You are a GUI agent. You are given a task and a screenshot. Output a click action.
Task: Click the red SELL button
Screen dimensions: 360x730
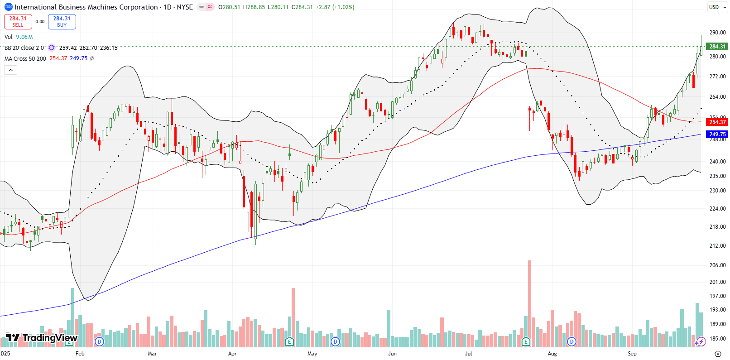click(18, 22)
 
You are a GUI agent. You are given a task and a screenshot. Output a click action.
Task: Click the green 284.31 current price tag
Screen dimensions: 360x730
click(717, 47)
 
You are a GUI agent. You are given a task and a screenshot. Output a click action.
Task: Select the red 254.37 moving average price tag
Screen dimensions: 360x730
click(717, 122)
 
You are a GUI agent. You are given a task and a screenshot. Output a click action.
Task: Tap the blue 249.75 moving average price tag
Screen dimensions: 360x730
click(717, 134)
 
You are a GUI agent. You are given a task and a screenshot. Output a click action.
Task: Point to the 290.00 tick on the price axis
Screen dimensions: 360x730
click(717, 33)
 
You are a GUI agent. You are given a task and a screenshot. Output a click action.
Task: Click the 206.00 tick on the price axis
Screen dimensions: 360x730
click(717, 265)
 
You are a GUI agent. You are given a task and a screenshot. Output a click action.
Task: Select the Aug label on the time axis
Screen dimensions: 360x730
click(552, 354)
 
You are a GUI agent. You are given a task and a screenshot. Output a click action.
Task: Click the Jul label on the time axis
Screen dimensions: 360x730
click(468, 354)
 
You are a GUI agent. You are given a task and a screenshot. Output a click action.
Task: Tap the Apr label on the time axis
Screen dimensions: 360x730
click(232, 354)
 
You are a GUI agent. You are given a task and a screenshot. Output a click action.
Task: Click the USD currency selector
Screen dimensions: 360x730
click(717, 7)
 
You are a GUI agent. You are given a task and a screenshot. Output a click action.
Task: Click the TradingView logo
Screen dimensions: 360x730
click(42, 338)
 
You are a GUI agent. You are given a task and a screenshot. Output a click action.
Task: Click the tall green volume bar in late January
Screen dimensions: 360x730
click(72, 317)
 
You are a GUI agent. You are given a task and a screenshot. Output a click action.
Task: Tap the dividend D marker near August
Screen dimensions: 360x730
click(572, 341)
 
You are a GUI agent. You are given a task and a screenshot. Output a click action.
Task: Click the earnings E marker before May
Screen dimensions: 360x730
click(290, 341)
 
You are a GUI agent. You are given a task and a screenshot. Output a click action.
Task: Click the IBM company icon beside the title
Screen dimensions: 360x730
click(8, 7)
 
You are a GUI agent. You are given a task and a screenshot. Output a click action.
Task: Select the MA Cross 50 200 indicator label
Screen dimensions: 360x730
click(25, 59)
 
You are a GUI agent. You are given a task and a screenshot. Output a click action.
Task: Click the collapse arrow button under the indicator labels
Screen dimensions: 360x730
click(10, 70)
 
